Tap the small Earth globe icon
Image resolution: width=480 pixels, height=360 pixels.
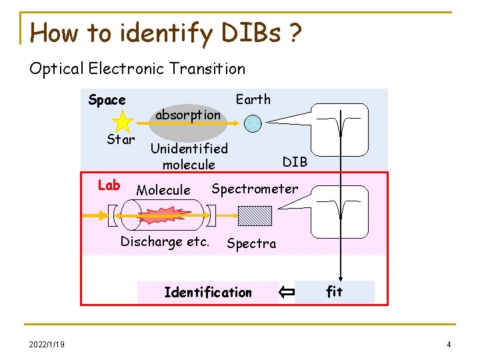tap(252, 123)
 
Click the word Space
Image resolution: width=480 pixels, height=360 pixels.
tap(107, 100)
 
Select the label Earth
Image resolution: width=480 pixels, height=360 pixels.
tap(253, 99)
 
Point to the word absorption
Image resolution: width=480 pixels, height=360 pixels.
tap(187, 115)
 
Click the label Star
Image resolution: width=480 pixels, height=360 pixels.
tap(121, 140)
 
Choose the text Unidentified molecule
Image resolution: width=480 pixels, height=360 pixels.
tap(189, 156)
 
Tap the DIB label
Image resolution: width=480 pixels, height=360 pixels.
tap(295, 161)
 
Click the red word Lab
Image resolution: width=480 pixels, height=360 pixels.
tap(109, 185)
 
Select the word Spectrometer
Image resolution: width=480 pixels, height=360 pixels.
tap(255, 189)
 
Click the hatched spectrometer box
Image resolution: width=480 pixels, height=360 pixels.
tap(255, 215)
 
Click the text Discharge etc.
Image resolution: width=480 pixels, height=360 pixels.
tap(165, 241)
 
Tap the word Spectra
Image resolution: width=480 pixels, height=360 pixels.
tap(251, 243)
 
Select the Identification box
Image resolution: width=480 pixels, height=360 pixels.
tap(208, 292)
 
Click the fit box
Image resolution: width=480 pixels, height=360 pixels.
tap(334, 291)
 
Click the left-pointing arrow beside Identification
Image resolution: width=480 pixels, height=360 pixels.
tap(287, 291)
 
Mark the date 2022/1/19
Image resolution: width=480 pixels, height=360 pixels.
tap(47, 344)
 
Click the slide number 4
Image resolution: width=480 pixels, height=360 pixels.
tap(449, 344)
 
